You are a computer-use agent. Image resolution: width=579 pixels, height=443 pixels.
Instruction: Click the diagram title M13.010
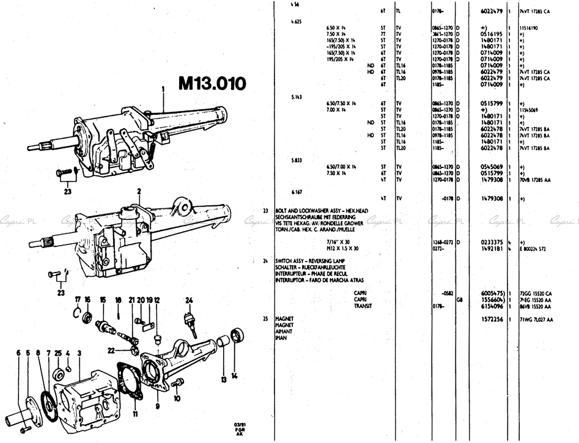212,82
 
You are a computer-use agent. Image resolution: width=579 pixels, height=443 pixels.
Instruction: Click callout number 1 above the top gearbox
163,89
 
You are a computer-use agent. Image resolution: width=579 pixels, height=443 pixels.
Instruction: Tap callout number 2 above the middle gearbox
139,191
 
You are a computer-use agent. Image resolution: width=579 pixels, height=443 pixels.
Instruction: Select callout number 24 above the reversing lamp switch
190,299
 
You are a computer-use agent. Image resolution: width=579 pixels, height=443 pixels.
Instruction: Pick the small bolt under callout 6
23,429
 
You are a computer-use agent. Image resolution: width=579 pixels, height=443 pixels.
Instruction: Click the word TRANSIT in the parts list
363,306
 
